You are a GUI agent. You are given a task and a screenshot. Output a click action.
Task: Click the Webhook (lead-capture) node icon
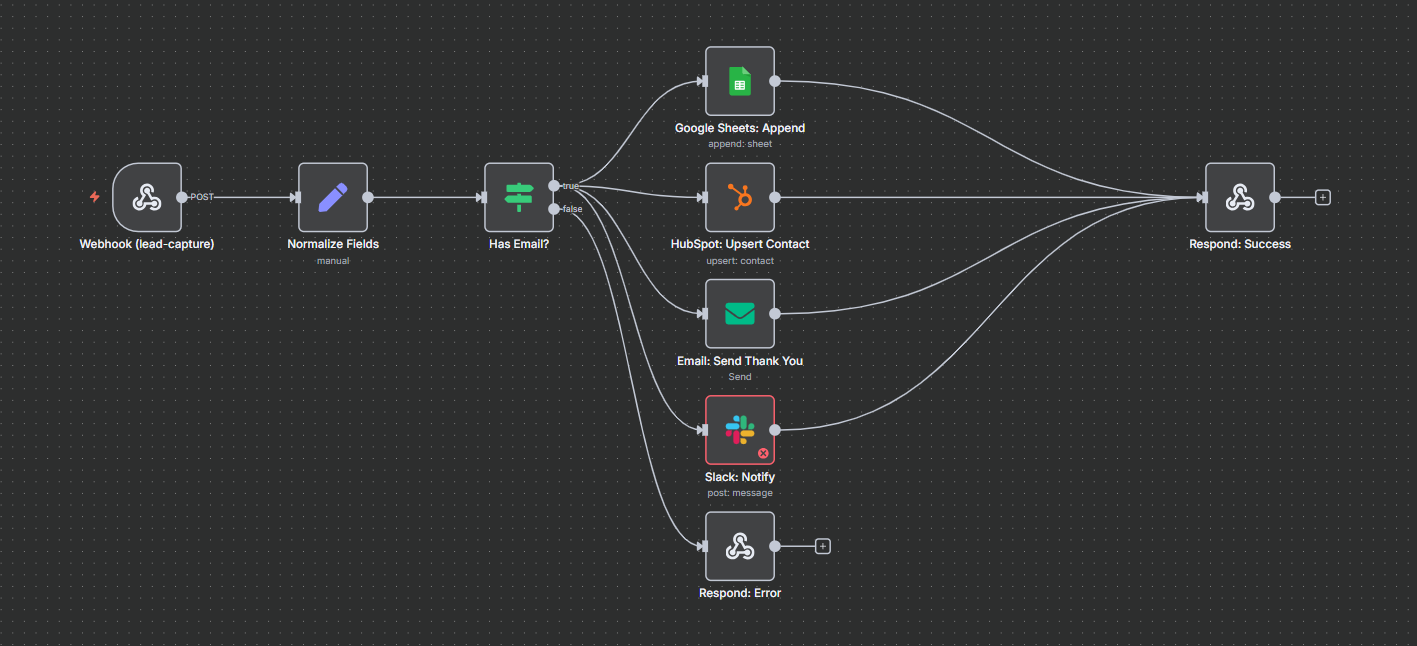tap(147, 197)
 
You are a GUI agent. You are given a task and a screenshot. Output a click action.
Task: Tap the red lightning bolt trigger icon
tap(95, 197)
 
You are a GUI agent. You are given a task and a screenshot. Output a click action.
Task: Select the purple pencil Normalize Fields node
tap(332, 197)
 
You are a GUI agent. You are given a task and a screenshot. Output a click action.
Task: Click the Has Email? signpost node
tap(518, 197)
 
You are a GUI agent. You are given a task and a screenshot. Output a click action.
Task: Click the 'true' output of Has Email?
tap(555, 186)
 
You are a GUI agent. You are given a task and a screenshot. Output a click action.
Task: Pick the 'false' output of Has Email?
tap(555, 209)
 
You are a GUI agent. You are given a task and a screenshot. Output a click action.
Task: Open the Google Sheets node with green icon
tap(739, 81)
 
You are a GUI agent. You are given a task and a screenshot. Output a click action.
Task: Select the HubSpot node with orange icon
tap(739, 197)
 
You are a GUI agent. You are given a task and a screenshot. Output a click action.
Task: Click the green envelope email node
tap(739, 314)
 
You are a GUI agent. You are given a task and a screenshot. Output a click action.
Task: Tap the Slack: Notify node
tap(739, 430)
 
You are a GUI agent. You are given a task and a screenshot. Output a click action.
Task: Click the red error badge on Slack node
tap(763, 453)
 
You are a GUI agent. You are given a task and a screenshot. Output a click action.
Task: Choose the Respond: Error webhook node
tap(739, 546)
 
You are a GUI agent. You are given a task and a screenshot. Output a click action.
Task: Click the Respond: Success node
tap(1239, 197)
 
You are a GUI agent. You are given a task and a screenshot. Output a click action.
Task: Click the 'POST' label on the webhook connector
tap(202, 197)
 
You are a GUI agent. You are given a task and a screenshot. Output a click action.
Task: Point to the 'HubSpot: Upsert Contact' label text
tap(739, 244)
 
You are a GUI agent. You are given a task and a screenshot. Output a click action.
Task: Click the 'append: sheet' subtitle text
tap(739, 144)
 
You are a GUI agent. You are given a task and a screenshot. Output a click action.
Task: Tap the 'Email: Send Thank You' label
tap(739, 361)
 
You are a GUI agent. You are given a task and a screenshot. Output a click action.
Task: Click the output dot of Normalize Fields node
tap(368, 197)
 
